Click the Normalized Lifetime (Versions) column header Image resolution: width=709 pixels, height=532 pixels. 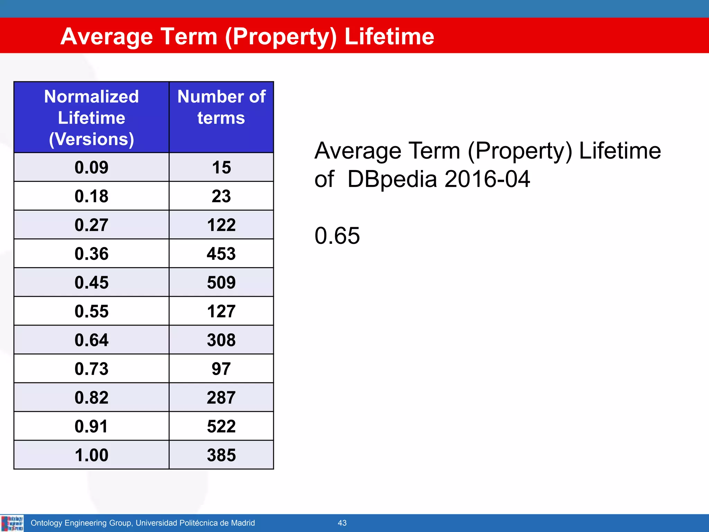tap(91, 117)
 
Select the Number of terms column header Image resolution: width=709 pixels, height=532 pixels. tap(221, 107)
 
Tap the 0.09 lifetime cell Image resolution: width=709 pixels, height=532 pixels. tap(91, 167)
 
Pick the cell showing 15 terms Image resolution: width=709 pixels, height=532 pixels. tap(221, 167)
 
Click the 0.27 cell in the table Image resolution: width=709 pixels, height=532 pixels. tap(91, 225)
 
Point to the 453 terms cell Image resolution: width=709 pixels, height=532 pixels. tap(221, 254)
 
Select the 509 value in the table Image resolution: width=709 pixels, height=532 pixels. tap(221, 282)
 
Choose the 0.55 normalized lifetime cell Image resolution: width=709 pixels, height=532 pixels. tap(91, 311)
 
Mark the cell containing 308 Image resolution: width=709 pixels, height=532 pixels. tap(221, 340)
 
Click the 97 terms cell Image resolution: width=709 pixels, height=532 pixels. tap(221, 369)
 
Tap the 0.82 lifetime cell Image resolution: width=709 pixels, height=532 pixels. tap(91, 397)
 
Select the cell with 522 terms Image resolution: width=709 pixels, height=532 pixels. tap(221, 426)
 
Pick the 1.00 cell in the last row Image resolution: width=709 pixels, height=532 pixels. tap(91, 455)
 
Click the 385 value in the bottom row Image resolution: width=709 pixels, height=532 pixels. tap(221, 455)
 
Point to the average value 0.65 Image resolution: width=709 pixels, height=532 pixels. tap(337, 236)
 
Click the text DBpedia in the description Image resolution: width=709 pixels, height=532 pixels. tap(392, 179)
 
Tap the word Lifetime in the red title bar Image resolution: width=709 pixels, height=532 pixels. tap(389, 36)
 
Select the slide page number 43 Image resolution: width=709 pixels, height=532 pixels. tap(342, 523)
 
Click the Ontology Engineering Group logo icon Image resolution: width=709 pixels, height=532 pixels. tap(12, 523)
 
